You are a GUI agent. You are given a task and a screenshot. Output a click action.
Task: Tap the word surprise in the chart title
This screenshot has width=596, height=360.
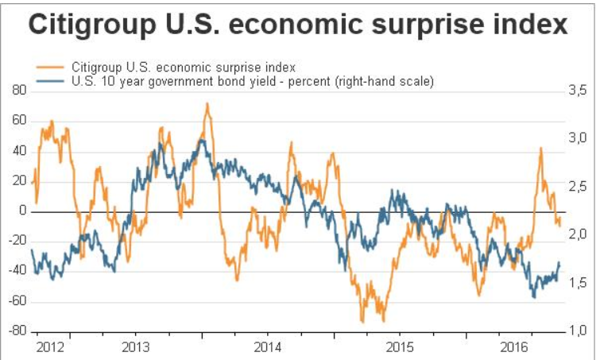430,27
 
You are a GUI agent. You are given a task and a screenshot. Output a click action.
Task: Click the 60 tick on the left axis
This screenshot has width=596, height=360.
19,122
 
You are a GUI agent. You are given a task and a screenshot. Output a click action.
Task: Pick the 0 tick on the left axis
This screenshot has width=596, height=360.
23,211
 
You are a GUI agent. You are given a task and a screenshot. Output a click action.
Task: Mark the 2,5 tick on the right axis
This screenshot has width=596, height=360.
575,188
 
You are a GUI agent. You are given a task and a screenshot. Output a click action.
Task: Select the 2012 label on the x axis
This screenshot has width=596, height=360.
52,346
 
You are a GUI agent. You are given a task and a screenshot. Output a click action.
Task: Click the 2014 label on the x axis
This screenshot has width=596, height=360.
269,346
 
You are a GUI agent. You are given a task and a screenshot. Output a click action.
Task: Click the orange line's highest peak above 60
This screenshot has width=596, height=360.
207,103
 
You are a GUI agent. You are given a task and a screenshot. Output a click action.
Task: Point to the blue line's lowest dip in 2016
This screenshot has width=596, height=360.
534,297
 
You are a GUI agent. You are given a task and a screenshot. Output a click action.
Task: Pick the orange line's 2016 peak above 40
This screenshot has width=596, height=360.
540,148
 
